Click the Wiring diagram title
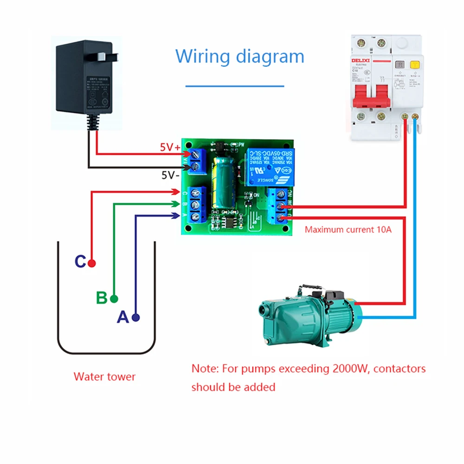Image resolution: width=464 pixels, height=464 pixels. coord(239,56)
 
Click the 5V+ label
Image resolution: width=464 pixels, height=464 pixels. coord(170,148)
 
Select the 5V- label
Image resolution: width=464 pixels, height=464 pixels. coord(170,175)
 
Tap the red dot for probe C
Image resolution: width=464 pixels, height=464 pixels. coord(92,264)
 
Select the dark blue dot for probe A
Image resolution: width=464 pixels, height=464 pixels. coord(135,317)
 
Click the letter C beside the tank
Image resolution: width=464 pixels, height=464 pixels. coord(80,262)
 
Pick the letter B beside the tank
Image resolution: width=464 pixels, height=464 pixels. coord(102,297)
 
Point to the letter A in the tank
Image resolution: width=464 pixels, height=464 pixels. coord(122,317)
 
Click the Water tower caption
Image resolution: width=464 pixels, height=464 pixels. coord(104,376)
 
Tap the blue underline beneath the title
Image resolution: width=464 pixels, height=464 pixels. coord(234,86)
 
